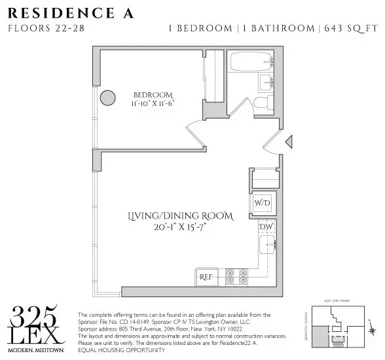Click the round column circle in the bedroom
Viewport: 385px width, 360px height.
point(107,98)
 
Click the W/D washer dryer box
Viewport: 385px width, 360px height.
point(261,203)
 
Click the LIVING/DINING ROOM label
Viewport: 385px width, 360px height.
point(173,216)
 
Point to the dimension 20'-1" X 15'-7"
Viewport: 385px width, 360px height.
point(173,228)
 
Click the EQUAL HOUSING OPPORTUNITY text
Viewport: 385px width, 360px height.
point(121,350)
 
